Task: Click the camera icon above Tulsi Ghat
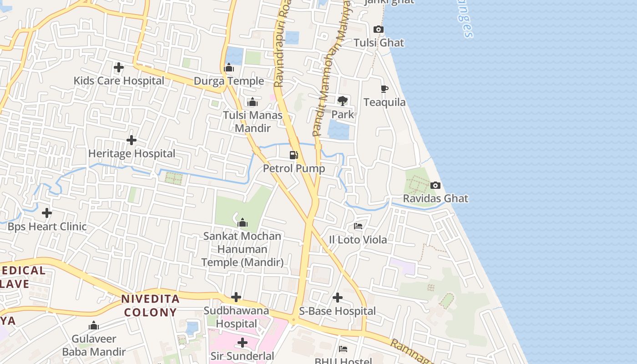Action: (378, 30)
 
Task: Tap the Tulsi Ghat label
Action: (379, 43)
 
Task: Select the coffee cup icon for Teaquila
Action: (384, 89)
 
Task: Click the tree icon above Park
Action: (342, 101)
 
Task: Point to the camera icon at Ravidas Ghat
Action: (435, 186)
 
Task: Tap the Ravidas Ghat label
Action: (435, 199)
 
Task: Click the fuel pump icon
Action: (294, 155)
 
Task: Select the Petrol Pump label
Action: (294, 169)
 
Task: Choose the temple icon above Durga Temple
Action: (229, 68)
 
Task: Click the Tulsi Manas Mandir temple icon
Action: (253, 102)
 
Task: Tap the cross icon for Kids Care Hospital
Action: (119, 68)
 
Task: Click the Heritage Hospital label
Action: (131, 154)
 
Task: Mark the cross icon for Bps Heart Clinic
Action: (47, 213)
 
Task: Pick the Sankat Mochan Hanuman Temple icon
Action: (243, 222)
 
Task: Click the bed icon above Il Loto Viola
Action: (358, 226)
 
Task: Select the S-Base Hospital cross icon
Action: (338, 298)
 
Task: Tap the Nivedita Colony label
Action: (150, 306)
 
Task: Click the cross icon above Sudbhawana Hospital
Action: (236, 298)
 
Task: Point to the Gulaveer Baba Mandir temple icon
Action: (94, 326)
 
